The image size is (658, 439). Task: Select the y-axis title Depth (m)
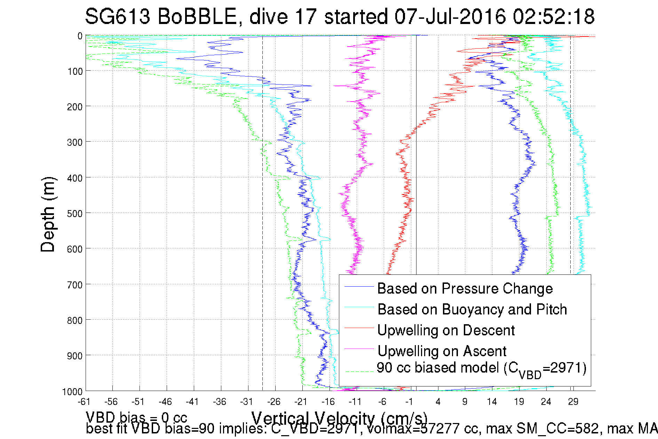48,215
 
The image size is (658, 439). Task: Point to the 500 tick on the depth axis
74,213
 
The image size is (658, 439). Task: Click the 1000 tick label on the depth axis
72,392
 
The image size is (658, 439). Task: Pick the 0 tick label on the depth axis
80,36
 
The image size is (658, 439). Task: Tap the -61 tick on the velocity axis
84,402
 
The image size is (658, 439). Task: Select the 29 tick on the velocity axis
573,402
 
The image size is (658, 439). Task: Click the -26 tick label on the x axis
274,402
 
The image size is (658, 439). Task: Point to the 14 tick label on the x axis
492,402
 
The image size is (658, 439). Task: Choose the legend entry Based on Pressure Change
465,288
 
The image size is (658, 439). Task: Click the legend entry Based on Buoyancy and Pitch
472,309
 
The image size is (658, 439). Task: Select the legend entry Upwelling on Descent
446,330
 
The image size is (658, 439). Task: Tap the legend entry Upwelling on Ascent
442,351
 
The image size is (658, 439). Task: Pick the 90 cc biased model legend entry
481,368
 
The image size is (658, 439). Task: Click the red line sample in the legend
359,328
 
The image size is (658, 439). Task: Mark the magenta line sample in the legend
359,349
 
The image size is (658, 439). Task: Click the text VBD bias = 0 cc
136,417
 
